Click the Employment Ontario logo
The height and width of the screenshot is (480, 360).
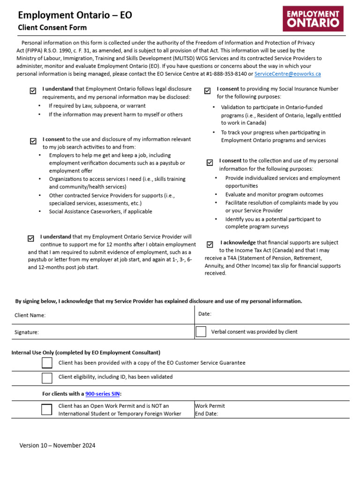pyautogui.click(x=313, y=19)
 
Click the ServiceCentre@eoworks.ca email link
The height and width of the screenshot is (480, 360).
pyautogui.click(x=287, y=74)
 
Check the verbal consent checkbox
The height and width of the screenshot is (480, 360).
pyautogui.click(x=201, y=331)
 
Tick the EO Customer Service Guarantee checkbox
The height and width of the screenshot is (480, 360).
pyautogui.click(x=47, y=363)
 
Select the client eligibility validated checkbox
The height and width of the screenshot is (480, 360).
pyautogui.click(x=47, y=378)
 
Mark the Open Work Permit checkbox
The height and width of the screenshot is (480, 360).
pyautogui.click(x=46, y=409)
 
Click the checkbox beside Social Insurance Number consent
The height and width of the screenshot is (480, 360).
pyautogui.click(x=207, y=91)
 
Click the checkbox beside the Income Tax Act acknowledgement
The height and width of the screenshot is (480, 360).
pyautogui.click(x=210, y=244)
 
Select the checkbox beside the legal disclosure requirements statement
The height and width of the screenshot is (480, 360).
pyautogui.click(x=32, y=91)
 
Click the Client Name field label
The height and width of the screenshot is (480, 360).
pyautogui.click(x=30, y=315)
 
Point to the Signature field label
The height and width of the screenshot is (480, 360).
pyautogui.click(x=26, y=332)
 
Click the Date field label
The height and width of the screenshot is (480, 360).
pyautogui.click(x=205, y=314)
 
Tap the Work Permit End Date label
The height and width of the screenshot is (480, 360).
pyautogui.click(x=210, y=410)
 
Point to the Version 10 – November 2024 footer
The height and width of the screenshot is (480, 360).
pyautogui.click(x=57, y=445)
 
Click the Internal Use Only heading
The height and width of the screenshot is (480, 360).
pyautogui.click(x=86, y=352)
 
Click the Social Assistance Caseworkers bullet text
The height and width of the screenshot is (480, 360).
pyautogui.click(x=100, y=211)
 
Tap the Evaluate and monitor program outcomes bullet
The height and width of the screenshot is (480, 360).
pyautogui.click(x=274, y=195)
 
